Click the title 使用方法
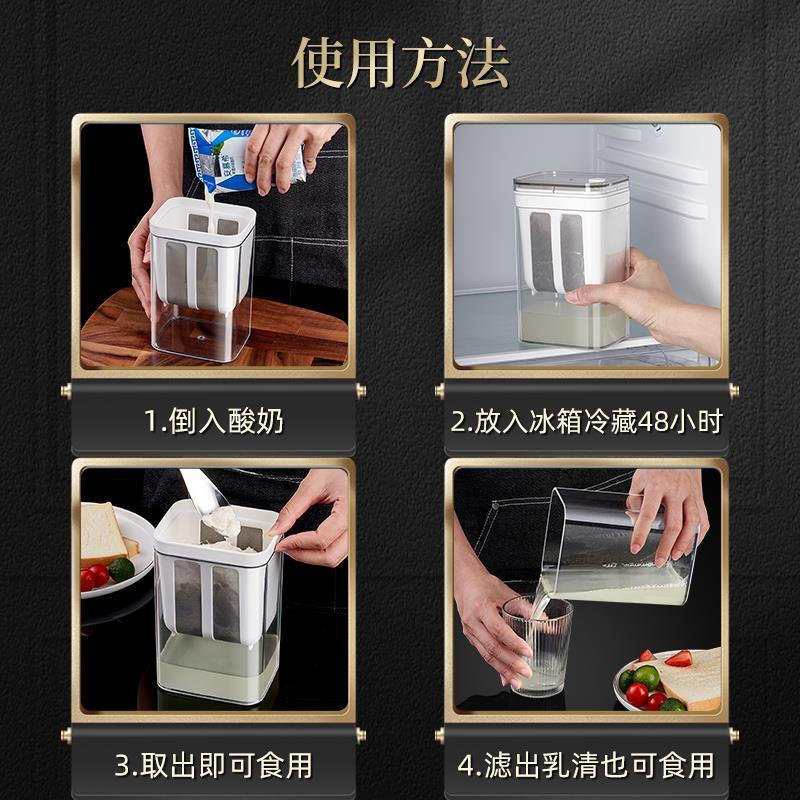[x=400, y=62]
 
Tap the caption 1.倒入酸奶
[x=213, y=421]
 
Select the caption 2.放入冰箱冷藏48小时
[x=585, y=421]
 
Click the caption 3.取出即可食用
[x=213, y=766]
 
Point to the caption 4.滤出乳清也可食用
[x=585, y=766]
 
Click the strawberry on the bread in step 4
[x=678, y=658]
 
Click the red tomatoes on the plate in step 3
[x=95, y=577]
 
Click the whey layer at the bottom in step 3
[x=217, y=667]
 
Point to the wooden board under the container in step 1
[x=110, y=335]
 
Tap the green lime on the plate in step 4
[x=645, y=677]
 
